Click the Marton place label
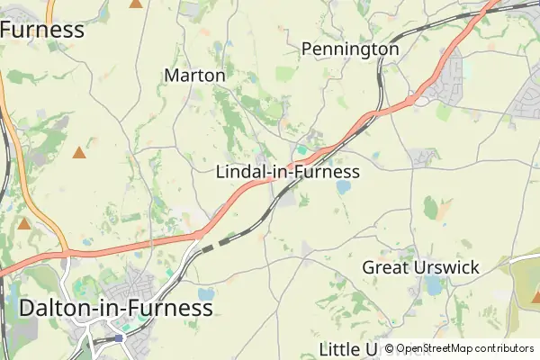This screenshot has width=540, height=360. coord(194,76)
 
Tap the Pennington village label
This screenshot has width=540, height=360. coord(350,49)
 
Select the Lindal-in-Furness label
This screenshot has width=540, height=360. coord(288,172)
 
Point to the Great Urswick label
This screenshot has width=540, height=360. coord(420,267)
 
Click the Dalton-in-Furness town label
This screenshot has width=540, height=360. coord(116,308)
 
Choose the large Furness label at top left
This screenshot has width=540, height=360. coord(41,30)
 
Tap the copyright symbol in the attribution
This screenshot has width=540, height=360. coord(389,348)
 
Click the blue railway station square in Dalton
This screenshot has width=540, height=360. coord(119,338)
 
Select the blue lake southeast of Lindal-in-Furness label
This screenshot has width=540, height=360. coord(343,188)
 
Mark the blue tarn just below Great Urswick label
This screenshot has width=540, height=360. coord(434,286)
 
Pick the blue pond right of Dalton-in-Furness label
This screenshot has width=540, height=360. coord(207,294)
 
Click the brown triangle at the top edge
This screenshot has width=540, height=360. coord(136,4)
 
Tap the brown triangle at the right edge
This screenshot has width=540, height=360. coord(535,295)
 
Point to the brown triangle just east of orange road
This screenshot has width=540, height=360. coord(79,153)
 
